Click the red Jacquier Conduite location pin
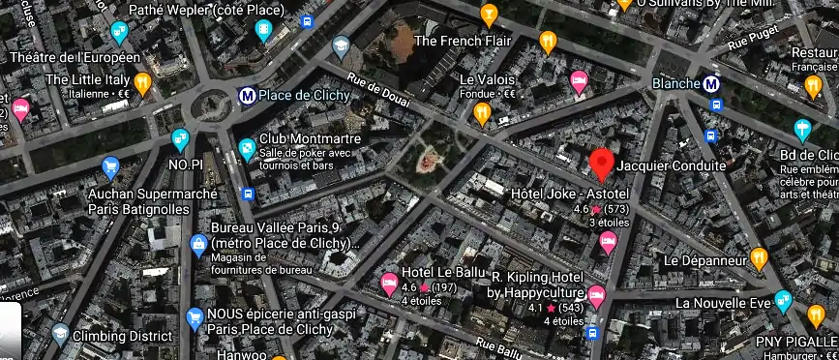[x=603, y=165]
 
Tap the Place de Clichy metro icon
[x=248, y=96]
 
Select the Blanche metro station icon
[x=712, y=84]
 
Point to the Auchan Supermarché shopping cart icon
[x=110, y=166]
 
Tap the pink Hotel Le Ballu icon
[x=390, y=282]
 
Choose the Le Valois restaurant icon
[x=483, y=114]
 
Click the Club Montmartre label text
[x=310, y=139]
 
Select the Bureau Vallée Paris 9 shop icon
[x=199, y=242]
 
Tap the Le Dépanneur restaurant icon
[x=759, y=258]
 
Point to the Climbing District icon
[x=60, y=334]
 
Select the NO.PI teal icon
[x=180, y=141]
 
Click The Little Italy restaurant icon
[x=143, y=83]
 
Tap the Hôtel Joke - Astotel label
[x=567, y=194]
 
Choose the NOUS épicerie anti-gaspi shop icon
[x=194, y=315]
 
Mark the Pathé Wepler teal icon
[x=264, y=31]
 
